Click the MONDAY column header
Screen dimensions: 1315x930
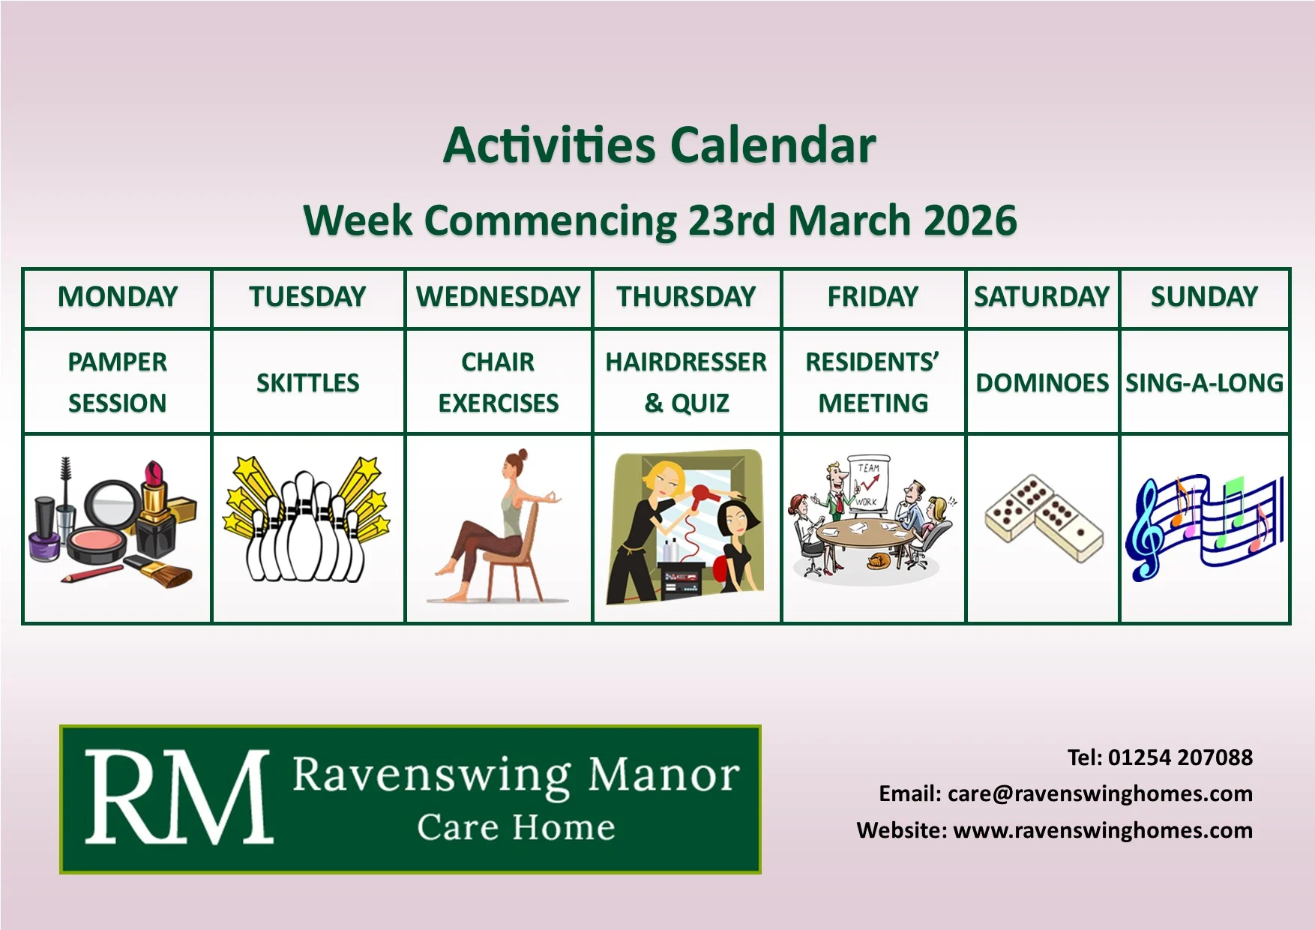tap(118, 297)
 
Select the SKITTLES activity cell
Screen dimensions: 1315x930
tap(308, 383)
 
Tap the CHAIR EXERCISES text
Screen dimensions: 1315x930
tap(499, 382)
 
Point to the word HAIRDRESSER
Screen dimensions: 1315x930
tap(686, 362)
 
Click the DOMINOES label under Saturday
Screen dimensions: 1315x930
tap(1042, 383)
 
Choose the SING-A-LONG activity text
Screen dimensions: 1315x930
tap(1204, 383)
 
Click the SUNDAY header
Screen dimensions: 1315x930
tap(1204, 297)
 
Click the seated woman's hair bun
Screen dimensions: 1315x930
tap(522, 454)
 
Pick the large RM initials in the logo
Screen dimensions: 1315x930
tap(178, 797)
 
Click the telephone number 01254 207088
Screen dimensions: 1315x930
tap(1180, 757)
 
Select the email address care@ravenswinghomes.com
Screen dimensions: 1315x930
tap(1100, 793)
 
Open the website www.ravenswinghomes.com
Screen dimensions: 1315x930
tap(1103, 830)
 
